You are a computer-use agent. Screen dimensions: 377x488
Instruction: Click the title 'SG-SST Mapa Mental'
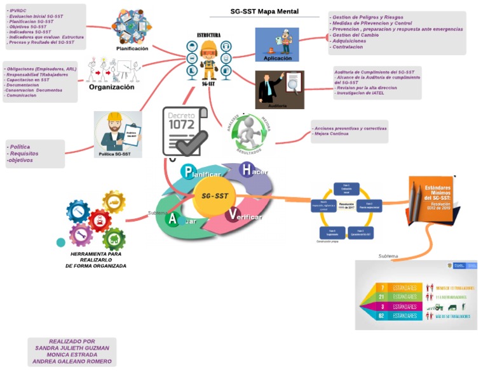point(264,11)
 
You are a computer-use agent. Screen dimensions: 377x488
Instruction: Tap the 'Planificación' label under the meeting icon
point(132,48)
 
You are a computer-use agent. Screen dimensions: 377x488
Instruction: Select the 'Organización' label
point(111,88)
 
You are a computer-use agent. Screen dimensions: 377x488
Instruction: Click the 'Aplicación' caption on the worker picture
point(277,58)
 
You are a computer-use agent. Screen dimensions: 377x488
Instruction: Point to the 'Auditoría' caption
point(277,105)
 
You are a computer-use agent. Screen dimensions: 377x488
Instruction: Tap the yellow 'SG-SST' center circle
point(215,196)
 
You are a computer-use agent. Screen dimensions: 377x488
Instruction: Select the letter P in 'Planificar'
point(187,171)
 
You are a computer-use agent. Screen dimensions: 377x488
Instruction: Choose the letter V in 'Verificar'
point(233,214)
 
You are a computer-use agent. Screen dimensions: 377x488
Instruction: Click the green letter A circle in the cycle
point(172,219)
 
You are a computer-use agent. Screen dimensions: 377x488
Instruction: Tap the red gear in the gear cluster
point(100,221)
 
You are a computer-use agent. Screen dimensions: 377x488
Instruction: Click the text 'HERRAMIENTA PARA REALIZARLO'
point(95,256)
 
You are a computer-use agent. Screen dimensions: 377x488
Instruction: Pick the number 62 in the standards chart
point(381,315)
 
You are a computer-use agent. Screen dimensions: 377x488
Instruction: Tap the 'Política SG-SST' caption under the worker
point(115,154)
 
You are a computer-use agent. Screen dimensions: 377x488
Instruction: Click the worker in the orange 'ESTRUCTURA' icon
point(208,59)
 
